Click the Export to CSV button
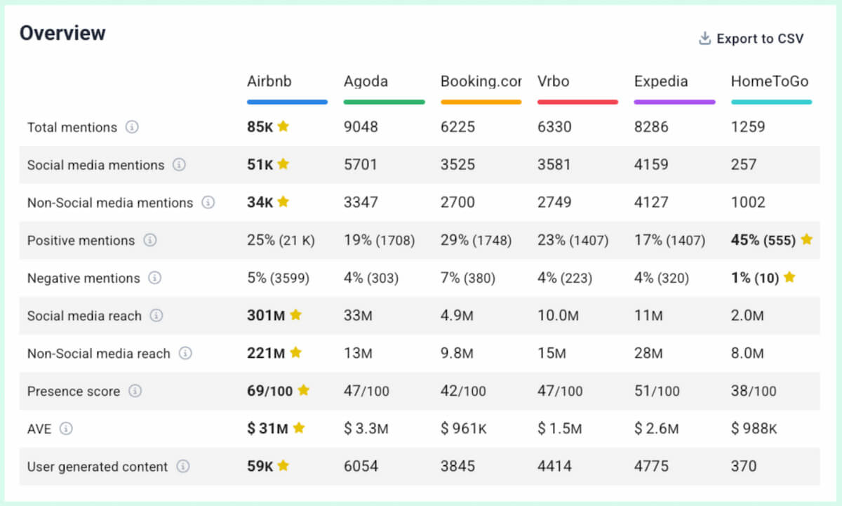[x=751, y=39]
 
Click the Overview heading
[x=62, y=33]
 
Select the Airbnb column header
[x=269, y=81]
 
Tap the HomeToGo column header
[x=769, y=81]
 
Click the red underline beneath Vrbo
[x=577, y=102]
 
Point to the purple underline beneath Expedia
[x=674, y=102]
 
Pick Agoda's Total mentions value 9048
[x=361, y=127]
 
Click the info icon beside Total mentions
[x=132, y=127]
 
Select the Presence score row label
[x=74, y=391]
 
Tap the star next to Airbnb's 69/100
[x=303, y=390]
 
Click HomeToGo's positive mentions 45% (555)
[x=763, y=240]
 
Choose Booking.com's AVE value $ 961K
[x=464, y=429]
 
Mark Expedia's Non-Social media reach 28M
[x=649, y=353]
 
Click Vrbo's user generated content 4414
[x=554, y=466]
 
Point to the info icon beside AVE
[x=66, y=428]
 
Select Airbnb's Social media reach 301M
[x=266, y=316]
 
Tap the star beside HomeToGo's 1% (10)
[x=789, y=277]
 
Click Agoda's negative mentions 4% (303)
[x=370, y=278]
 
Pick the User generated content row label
[x=98, y=466]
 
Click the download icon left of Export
[x=704, y=39]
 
